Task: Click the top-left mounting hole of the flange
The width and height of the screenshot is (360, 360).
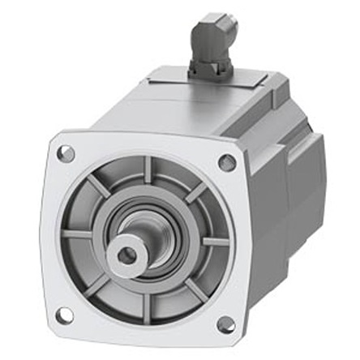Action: [67, 152]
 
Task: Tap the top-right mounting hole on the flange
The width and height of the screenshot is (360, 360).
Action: [228, 162]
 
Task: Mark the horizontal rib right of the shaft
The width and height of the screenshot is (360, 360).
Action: [212, 241]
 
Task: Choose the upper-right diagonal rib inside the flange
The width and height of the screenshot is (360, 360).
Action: [195, 193]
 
